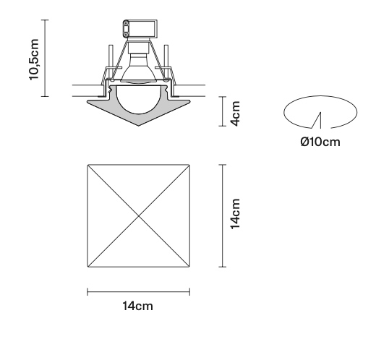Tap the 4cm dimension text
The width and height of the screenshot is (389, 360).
[235, 113]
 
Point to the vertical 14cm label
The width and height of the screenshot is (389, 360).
[235, 215]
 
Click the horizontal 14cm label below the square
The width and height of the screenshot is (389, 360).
[137, 307]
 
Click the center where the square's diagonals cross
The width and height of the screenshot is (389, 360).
[138, 215]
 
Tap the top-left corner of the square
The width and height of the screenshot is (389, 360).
[87, 165]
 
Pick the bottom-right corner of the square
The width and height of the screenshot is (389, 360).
[189, 267]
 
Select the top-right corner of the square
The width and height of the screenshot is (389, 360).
[189, 165]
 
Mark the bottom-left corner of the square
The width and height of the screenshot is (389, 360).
[87, 267]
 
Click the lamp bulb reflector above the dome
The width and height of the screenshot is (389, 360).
[138, 71]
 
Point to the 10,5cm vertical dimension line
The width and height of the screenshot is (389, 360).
[46, 58]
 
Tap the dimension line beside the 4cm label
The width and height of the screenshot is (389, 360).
[221, 113]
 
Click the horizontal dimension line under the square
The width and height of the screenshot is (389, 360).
[138, 291]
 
